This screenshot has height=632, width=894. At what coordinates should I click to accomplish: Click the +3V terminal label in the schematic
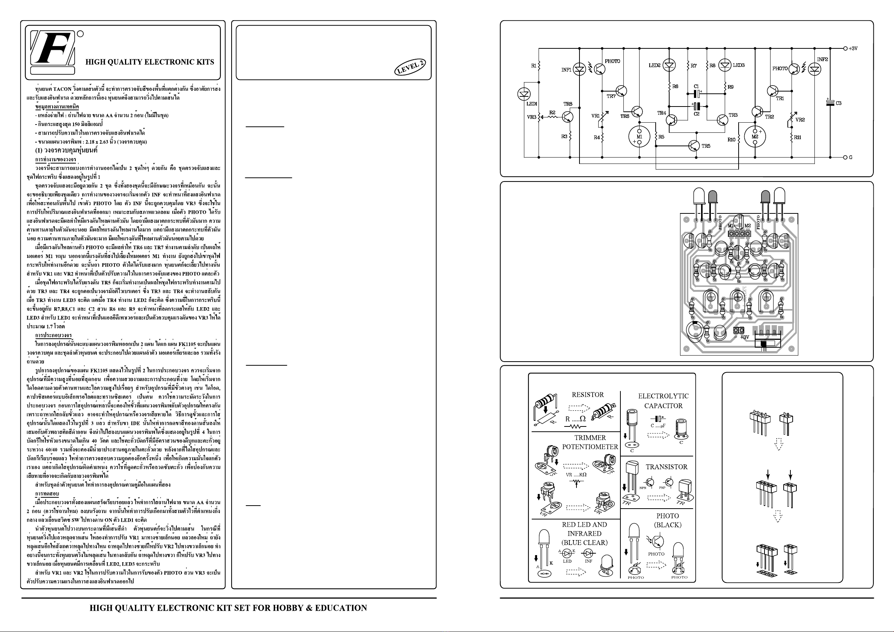click(x=853, y=49)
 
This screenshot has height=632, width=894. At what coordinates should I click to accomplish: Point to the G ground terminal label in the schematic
click(x=851, y=158)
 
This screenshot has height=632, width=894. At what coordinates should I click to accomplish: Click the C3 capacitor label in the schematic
click(x=839, y=103)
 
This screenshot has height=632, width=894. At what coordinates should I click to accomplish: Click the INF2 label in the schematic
click(x=822, y=60)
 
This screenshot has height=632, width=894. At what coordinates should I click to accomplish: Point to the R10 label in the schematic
click(x=731, y=140)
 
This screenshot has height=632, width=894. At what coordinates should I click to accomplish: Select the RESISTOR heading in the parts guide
click(x=588, y=395)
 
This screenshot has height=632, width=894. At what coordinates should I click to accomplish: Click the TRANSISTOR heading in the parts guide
click(x=667, y=467)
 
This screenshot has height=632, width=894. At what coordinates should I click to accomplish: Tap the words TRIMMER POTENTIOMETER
click(x=590, y=443)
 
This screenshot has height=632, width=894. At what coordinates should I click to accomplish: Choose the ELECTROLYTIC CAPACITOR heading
click(x=663, y=401)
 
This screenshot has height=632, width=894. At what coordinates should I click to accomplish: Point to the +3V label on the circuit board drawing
click(x=745, y=337)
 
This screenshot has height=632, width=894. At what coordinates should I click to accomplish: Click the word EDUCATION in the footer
click(x=341, y=608)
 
